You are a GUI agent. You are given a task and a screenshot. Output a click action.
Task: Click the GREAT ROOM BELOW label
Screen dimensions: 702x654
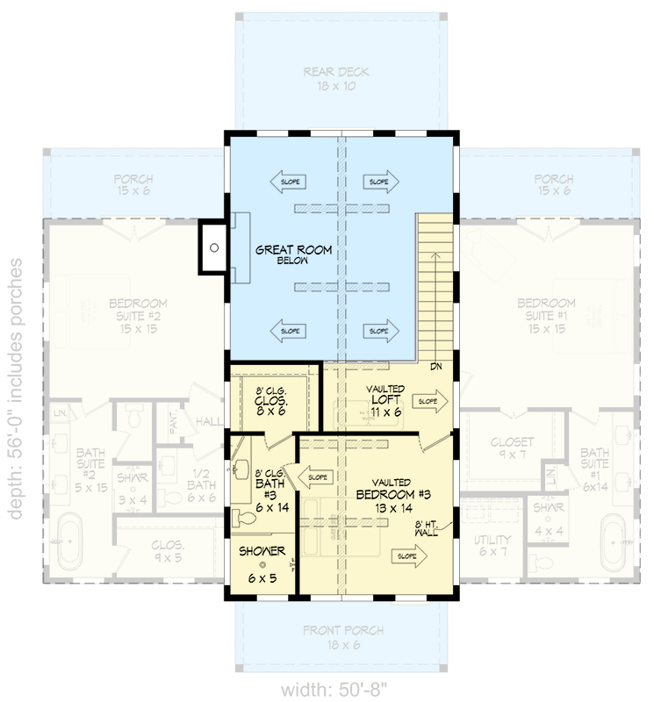tap(293, 255)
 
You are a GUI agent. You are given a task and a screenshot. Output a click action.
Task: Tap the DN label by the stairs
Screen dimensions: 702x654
tap(435, 367)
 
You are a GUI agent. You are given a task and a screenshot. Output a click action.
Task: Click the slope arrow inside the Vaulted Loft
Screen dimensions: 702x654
tap(430, 401)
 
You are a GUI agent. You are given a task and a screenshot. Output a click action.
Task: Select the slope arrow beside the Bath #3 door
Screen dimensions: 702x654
tap(314, 478)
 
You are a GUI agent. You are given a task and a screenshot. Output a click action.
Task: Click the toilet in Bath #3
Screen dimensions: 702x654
tap(241, 519)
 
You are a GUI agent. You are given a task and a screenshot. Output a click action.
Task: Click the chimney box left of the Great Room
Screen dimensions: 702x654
tap(212, 247)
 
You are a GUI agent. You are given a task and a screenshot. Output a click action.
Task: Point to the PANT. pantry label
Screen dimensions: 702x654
tap(172, 424)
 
